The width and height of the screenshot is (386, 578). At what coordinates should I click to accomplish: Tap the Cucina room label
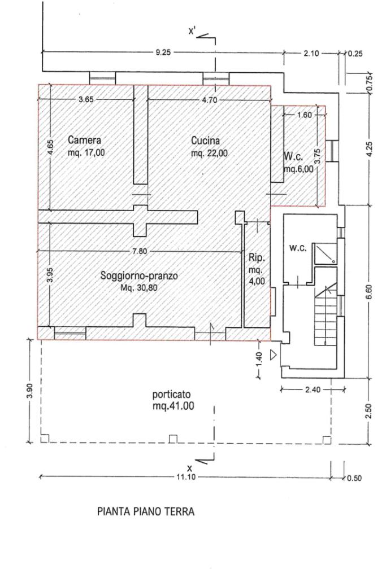tap(205, 141)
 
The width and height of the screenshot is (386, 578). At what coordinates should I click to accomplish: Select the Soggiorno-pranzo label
tap(139, 276)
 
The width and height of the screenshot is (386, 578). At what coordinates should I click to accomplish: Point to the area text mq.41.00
tap(174, 405)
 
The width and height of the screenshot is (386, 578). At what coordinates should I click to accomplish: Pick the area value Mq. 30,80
tap(140, 287)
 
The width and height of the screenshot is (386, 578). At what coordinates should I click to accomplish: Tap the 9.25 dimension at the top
tap(164, 52)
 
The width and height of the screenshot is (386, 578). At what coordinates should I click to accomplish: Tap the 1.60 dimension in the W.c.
tap(305, 115)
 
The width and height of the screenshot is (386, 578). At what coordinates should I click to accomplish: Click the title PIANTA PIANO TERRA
tap(146, 512)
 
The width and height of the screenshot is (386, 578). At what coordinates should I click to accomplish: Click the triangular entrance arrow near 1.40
tap(274, 355)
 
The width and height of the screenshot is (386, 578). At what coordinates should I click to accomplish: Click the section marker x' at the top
tap(192, 32)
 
